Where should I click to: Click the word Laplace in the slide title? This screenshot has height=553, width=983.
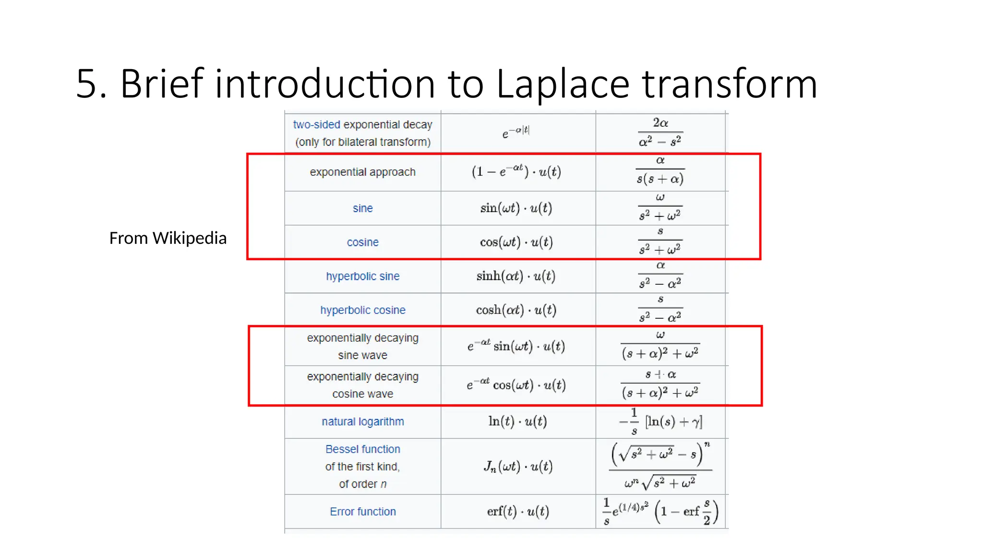[563, 84]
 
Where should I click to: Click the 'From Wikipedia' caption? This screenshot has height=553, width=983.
[168, 238]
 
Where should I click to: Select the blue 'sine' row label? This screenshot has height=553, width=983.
[362, 208]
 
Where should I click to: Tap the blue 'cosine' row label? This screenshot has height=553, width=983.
[362, 242]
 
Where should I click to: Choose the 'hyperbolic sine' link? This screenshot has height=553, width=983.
[362, 276]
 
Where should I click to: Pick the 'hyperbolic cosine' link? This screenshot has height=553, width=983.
[362, 310]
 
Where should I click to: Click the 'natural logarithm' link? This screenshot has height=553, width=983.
[362, 421]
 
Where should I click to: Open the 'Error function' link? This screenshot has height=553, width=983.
[362, 512]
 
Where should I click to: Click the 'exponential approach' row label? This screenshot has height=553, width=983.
[362, 172]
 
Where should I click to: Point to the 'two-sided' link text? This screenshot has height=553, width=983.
[316, 125]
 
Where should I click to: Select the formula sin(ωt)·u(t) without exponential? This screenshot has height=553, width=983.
[516, 208]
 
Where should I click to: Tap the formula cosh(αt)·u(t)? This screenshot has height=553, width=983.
[516, 310]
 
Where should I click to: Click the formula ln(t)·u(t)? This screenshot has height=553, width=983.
[517, 421]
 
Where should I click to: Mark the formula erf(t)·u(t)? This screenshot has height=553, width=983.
[517, 512]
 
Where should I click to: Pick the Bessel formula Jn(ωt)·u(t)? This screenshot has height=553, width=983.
[517, 466]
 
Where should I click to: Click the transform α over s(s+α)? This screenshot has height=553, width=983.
[660, 171]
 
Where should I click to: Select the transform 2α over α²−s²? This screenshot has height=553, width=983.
[660, 132]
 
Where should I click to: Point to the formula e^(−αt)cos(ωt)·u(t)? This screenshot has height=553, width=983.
[516, 385]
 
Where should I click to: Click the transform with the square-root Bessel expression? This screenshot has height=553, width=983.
[660, 466]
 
